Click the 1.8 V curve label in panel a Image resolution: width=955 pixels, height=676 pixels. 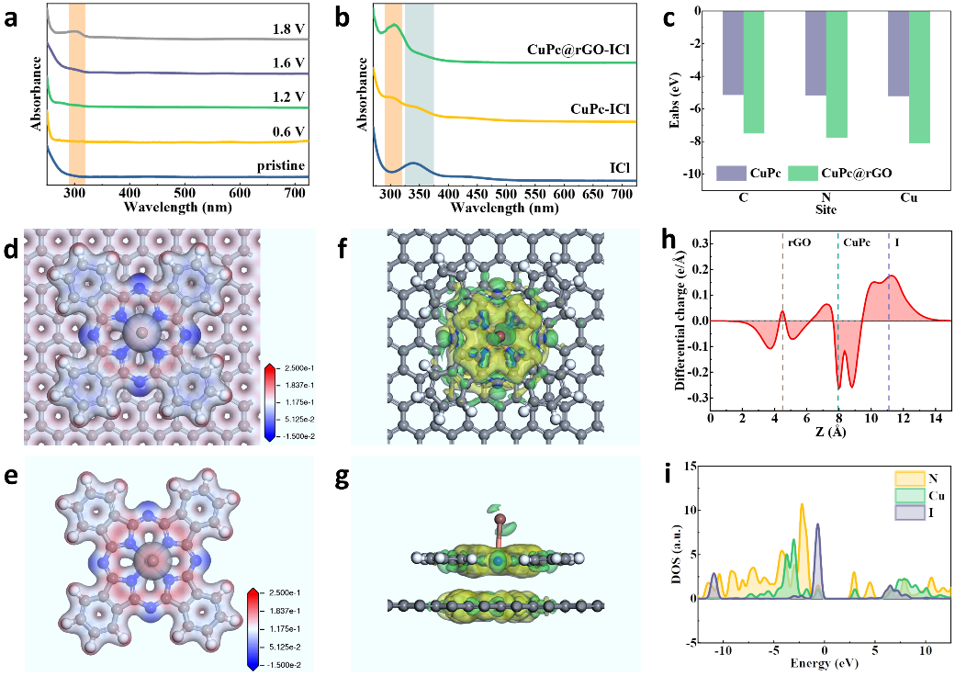[288, 29]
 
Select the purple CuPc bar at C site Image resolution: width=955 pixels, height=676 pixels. [733, 52]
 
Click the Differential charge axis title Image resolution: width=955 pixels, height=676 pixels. [680, 318]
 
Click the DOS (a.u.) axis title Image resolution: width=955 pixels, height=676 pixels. [680, 554]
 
